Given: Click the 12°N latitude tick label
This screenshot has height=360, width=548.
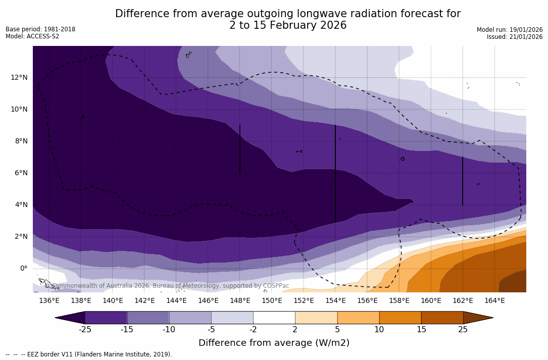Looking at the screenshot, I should coord(19,78).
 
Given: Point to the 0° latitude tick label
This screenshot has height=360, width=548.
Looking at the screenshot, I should coord(23,269).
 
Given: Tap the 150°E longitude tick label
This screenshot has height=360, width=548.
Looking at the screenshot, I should coord(272,301).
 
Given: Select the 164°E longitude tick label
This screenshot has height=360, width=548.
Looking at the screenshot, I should coord(494,301).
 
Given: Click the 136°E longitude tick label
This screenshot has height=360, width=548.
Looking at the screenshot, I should coord(49,301).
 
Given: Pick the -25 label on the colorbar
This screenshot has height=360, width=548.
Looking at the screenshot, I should coord(84,330).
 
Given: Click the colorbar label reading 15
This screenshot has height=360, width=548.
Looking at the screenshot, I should coord(421,330).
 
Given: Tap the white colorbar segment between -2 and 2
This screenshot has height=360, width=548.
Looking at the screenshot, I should coord(274,318).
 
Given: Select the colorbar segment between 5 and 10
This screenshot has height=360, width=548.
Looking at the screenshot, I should coord(358,318).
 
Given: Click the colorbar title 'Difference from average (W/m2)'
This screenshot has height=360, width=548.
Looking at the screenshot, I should coord(274,343).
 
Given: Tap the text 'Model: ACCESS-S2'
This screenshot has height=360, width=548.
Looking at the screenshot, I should coord(32,36).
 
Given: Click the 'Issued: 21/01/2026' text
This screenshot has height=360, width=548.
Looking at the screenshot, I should coord(515,37).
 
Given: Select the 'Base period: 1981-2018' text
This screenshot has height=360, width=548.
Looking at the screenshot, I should coord(40,29).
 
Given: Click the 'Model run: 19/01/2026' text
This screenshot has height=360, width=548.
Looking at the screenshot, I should coord(510,30).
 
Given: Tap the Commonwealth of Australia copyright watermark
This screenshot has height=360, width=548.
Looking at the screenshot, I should coord(167,286).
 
